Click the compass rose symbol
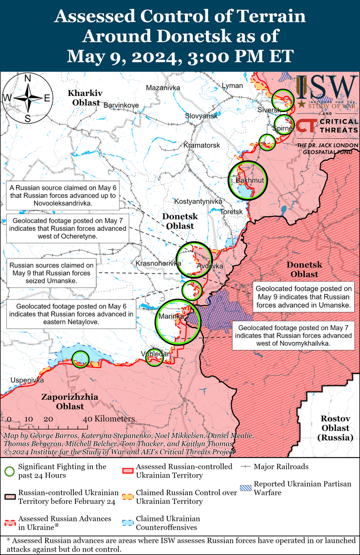tap(28, 97)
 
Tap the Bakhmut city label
tap(249, 181)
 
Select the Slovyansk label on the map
tap(201, 116)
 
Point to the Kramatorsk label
tap(202, 146)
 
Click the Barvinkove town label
tap(121, 105)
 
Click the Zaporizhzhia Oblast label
tap(70, 402)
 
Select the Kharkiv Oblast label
tap(86, 97)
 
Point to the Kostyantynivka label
tap(198, 201)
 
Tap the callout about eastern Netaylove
tap(71, 314)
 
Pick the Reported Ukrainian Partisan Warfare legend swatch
tap(246, 488)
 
